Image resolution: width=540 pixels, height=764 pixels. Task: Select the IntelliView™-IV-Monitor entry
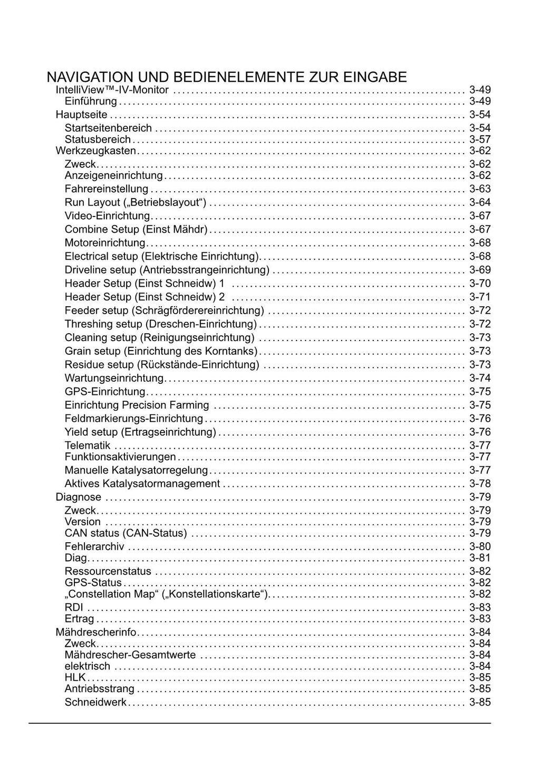click(112, 90)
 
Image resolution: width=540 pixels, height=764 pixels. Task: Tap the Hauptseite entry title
click(81, 115)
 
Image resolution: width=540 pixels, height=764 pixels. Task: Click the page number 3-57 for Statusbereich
click(480, 140)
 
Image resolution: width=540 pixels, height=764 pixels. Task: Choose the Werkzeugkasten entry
click(95, 151)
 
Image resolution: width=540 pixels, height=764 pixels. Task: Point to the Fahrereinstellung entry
click(106, 189)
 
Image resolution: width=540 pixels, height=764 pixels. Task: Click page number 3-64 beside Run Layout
click(480, 203)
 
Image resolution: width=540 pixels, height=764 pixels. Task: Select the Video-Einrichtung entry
click(107, 216)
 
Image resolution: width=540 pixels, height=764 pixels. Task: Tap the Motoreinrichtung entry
click(104, 243)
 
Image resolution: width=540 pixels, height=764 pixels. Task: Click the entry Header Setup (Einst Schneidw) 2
click(144, 297)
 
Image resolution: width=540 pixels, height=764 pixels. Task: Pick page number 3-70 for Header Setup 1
click(480, 284)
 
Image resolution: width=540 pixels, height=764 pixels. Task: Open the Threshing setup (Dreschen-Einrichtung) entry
click(160, 324)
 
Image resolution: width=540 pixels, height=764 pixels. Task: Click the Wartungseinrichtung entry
click(114, 378)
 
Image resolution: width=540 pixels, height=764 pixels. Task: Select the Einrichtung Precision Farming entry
click(137, 405)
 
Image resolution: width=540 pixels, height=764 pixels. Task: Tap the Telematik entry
click(88, 446)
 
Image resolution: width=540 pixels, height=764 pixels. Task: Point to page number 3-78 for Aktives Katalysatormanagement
click(480, 484)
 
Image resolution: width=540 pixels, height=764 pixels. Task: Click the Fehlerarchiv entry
click(94, 547)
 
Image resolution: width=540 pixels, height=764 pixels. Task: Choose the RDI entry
click(74, 608)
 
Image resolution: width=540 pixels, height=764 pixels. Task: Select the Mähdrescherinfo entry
click(96, 633)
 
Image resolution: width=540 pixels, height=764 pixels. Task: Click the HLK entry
click(75, 677)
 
